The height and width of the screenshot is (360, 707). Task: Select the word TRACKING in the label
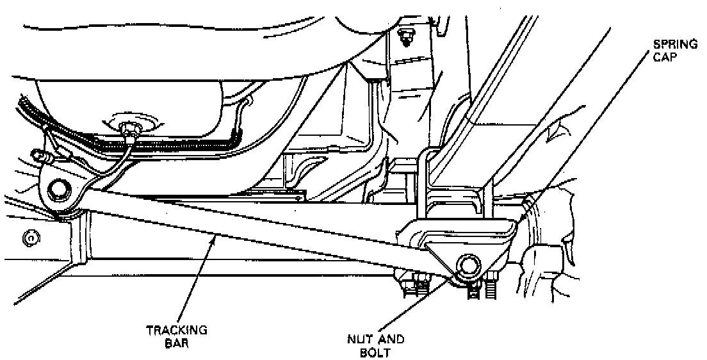pos(168,330)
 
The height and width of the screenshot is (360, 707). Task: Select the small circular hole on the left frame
pos(28,240)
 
